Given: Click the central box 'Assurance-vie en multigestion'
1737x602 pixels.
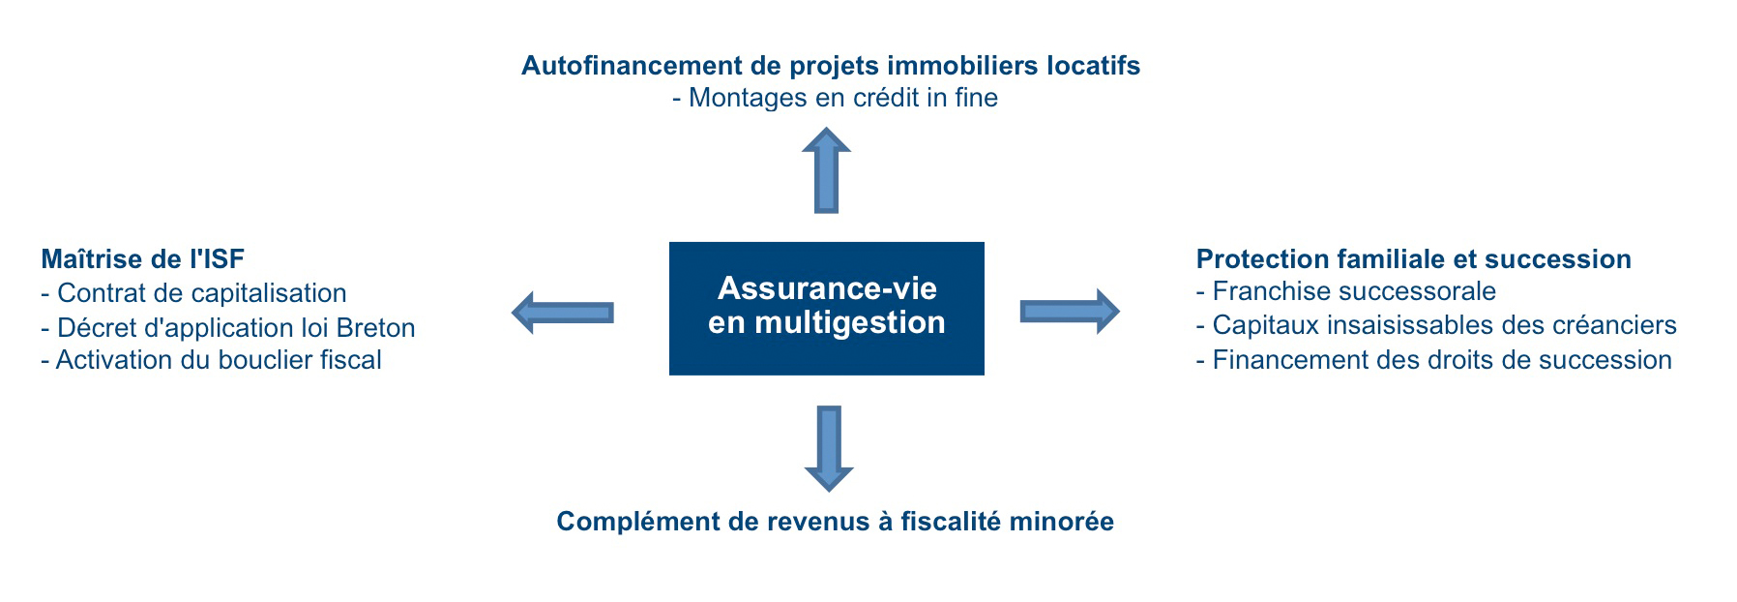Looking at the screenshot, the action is coord(826,308).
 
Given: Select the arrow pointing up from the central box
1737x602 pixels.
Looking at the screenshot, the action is coord(826,170).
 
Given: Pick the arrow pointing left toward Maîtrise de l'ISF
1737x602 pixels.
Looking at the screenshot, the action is coord(562,312).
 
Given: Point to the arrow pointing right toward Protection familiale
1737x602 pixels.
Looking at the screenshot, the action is coord(1070,311).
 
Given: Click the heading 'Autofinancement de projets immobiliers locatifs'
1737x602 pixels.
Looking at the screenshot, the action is coord(831,66).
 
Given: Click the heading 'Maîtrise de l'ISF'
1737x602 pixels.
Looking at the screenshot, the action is coord(142,258).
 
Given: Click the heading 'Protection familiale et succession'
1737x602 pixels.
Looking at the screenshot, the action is coord(1414,258).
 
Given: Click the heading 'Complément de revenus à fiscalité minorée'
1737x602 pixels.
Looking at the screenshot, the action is coord(836,522).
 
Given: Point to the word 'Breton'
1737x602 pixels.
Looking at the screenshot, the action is coord(376,327).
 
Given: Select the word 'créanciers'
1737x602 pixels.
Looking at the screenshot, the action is coord(1617,325).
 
